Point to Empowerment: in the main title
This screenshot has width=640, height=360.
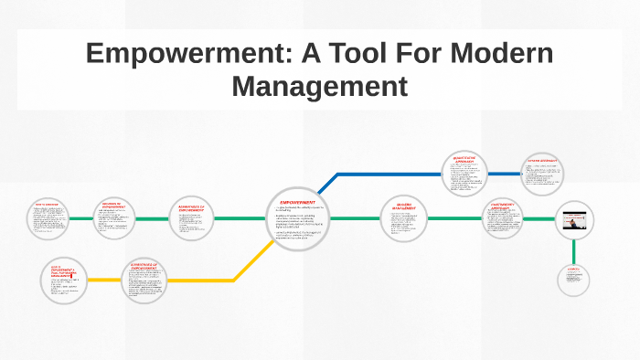click(x=183, y=53)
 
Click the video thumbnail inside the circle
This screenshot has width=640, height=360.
click(x=574, y=220)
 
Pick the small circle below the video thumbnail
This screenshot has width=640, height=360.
click(x=573, y=279)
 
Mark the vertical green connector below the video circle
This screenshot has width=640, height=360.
click(x=574, y=250)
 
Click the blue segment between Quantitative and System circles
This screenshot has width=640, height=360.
click(x=503, y=174)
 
